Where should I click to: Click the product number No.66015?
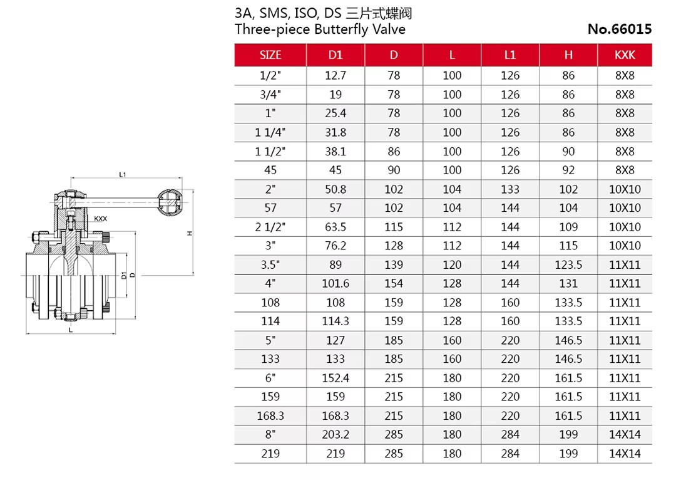[620, 29]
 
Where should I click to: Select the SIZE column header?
[270, 55]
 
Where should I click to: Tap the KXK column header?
[625, 55]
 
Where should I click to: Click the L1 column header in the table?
[510, 55]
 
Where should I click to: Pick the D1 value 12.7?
[335, 76]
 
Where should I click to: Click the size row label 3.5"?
[270, 264]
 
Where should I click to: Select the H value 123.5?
[568, 264]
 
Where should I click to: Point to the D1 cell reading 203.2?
[335, 434]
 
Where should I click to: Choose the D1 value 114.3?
[335, 321]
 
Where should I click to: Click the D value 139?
[394, 264]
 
